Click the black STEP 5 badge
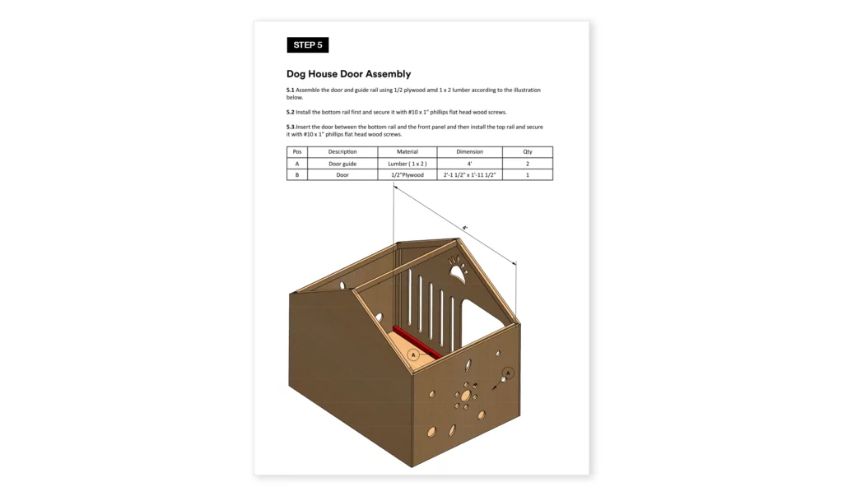(x=307, y=45)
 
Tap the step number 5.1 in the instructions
(x=290, y=90)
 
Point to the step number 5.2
(x=290, y=112)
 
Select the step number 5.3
(x=290, y=127)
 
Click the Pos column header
(x=296, y=152)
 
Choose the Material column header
(x=407, y=152)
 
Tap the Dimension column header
(x=469, y=152)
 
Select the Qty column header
(x=528, y=152)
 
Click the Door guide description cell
(x=342, y=164)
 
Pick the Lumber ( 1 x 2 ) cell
(x=407, y=164)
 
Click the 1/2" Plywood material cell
(x=407, y=175)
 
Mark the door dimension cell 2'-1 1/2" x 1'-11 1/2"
(x=469, y=175)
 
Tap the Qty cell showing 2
(x=528, y=164)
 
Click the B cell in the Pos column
(x=296, y=175)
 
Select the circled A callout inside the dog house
(x=413, y=355)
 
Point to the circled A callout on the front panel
(x=508, y=373)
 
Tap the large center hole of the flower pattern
(x=465, y=396)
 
